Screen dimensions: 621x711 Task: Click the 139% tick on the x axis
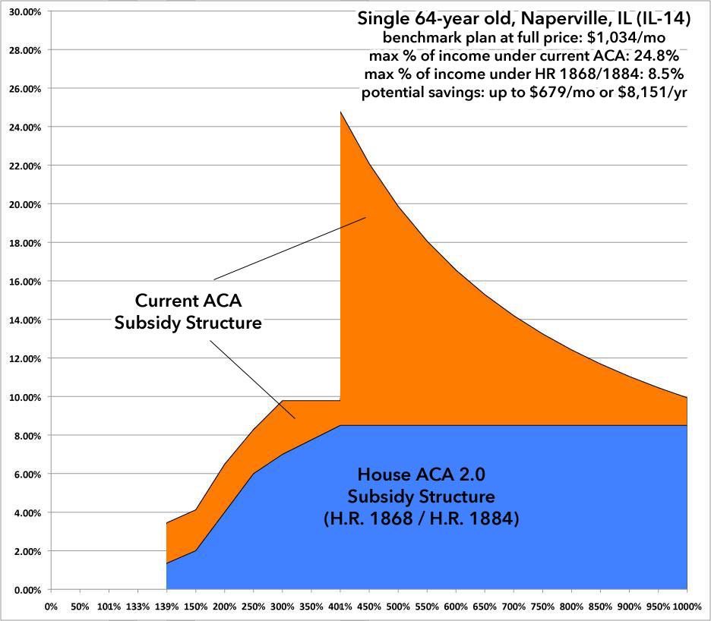click(166, 606)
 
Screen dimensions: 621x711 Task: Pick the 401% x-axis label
click(340, 606)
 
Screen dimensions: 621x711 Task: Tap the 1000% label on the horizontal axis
click(686, 606)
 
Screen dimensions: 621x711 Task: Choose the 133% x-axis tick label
click(137, 606)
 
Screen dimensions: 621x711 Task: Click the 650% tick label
click(484, 606)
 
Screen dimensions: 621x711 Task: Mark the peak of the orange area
click(340, 112)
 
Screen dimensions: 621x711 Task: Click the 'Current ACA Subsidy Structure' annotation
click(188, 310)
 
